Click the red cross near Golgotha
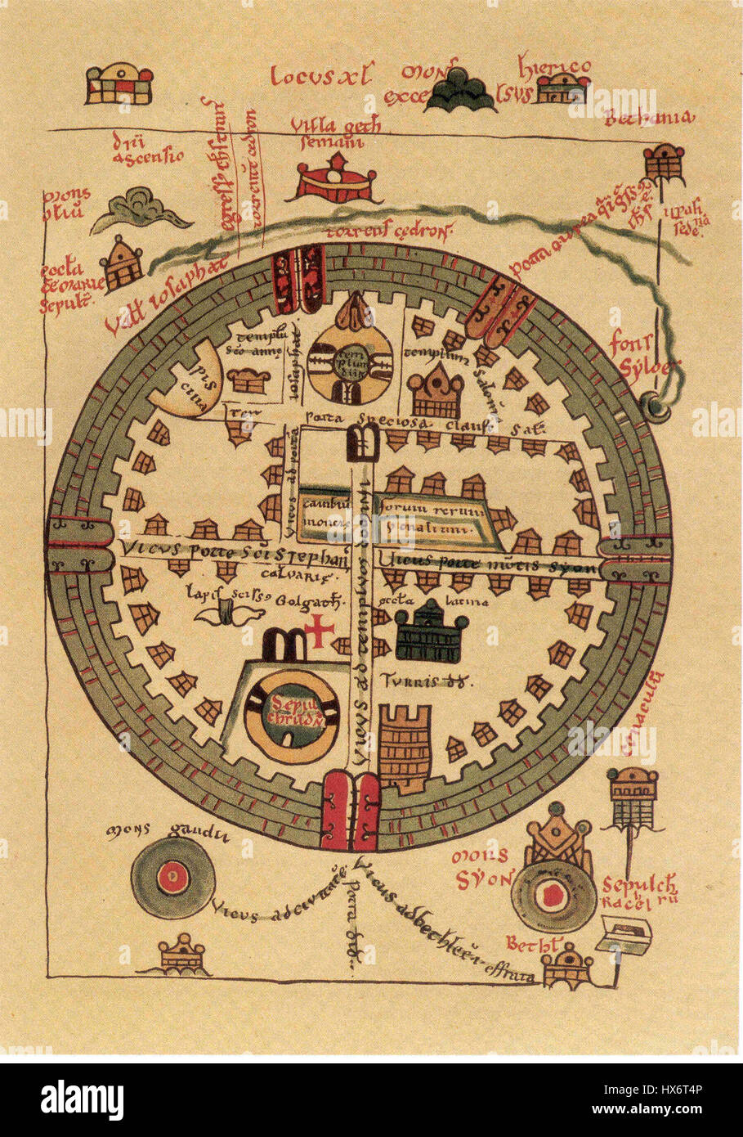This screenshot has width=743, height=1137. [321, 630]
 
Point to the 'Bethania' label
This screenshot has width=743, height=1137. [650, 119]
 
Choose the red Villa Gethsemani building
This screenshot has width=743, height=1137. [335, 182]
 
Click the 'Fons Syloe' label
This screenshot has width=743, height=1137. [643, 356]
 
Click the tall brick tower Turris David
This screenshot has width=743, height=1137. [405, 748]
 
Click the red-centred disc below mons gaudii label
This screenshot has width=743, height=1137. [172, 879]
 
